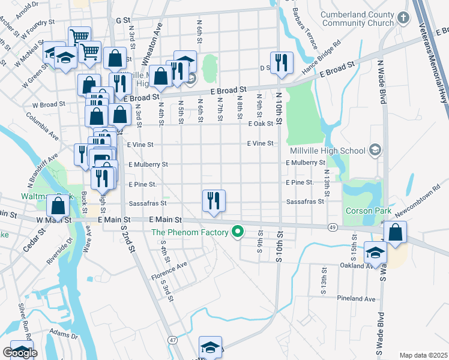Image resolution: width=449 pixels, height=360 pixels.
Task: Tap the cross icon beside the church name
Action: [x=403, y=17]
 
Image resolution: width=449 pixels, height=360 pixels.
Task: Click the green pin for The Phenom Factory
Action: [x=238, y=232]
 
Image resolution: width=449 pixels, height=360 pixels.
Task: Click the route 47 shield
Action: [x=173, y=340]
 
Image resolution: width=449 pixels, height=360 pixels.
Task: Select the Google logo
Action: [x=20, y=353]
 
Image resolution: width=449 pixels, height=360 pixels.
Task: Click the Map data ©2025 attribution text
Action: [x=423, y=355]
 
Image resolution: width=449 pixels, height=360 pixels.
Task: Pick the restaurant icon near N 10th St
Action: [x=281, y=62]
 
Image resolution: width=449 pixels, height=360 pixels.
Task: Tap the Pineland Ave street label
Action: [x=356, y=298]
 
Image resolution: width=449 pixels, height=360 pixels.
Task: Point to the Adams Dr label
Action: [x=63, y=334]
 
